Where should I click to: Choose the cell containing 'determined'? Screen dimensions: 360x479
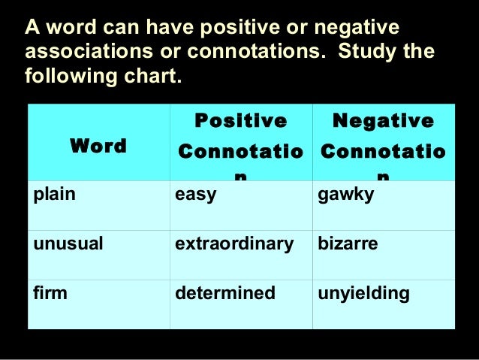point(225,292)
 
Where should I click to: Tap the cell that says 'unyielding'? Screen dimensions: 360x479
point(364,292)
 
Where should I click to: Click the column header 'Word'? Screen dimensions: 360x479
point(98,146)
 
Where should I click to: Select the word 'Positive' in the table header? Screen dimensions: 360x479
point(240,121)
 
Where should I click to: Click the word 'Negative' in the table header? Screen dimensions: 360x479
point(382,121)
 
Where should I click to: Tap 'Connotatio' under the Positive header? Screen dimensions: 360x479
point(240,151)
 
